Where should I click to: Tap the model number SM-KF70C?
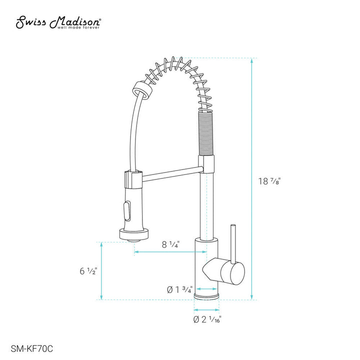coord(32,345)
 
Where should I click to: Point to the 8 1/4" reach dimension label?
coord(170,244)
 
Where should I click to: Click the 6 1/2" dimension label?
coord(88,271)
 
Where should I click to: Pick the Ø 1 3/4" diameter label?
coord(179,289)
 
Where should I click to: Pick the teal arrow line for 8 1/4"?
coord(169,252)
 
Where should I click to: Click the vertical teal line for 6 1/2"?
coord(102,271)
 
